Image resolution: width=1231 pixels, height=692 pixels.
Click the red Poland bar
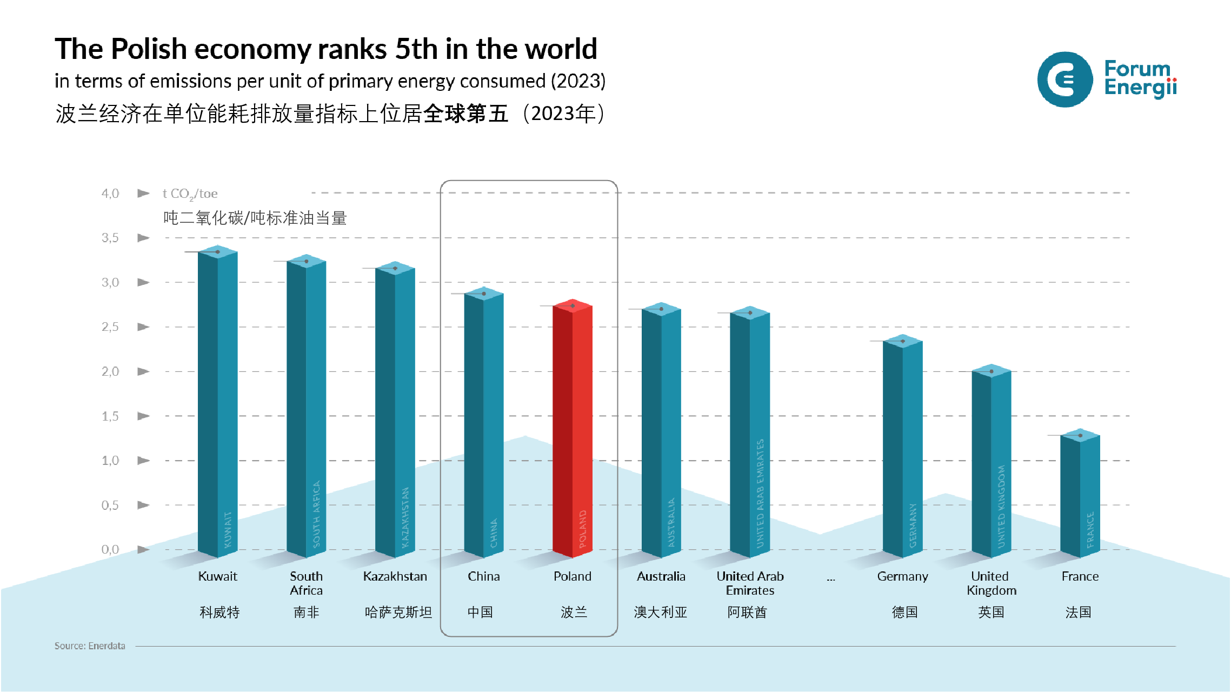(x=573, y=427)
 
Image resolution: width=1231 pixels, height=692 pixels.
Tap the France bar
(x=1080, y=495)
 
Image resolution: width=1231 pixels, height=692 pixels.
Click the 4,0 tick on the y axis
(x=110, y=194)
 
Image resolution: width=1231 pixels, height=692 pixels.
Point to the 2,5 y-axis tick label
(x=110, y=327)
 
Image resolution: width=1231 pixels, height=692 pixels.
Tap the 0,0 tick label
(x=110, y=550)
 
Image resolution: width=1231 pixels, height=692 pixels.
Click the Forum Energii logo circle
(x=1064, y=79)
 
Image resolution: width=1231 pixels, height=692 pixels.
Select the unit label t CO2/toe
(x=190, y=194)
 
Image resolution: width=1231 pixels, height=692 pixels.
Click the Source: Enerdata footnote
(x=90, y=646)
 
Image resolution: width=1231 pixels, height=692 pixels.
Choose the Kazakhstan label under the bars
(x=395, y=576)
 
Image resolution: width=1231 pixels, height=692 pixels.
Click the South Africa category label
(x=306, y=583)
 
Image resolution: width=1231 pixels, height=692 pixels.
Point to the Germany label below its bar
(x=902, y=576)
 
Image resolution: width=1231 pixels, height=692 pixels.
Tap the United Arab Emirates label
(x=750, y=583)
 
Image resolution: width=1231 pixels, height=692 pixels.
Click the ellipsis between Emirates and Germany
(x=831, y=579)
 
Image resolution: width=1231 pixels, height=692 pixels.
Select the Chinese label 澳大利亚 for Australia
(x=660, y=612)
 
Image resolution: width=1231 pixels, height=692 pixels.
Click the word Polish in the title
(x=149, y=49)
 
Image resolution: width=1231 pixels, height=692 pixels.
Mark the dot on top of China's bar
(x=484, y=294)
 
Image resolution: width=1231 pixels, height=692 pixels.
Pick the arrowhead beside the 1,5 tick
(x=143, y=416)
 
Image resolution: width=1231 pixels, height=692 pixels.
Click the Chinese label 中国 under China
(x=481, y=612)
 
